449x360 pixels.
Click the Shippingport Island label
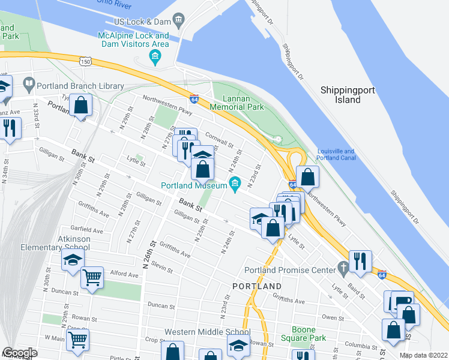pyautogui.click(x=348, y=94)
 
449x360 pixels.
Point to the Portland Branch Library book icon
pyautogui.click(x=28, y=82)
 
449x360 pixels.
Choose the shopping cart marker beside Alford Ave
pyautogui.click(x=92, y=277)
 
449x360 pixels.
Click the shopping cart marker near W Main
pyautogui.click(x=77, y=340)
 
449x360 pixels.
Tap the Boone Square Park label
pyautogui.click(x=309, y=334)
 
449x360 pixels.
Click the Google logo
pyautogui.click(x=19, y=353)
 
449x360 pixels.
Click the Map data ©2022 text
pyautogui.click(x=423, y=355)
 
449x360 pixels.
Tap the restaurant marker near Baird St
pyautogui.click(x=360, y=261)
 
